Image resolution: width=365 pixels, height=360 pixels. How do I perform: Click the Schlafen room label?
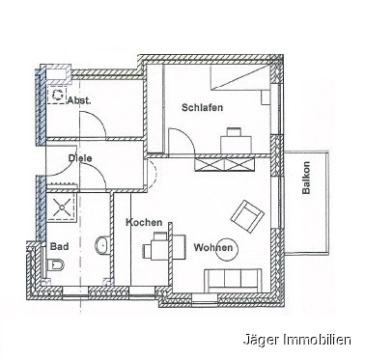pos(202,107)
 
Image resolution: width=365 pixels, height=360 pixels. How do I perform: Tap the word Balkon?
pos(306,178)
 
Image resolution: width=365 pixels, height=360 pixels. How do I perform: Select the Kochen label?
pos(144,222)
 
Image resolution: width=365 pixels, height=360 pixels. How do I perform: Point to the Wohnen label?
pos(212,248)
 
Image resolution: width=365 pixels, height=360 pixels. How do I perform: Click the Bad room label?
pos(60,247)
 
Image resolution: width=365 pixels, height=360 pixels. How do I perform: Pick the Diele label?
pos(80,158)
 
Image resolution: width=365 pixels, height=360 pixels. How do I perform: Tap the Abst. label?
pos(79,100)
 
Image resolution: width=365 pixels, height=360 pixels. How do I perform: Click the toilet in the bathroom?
pos(55,265)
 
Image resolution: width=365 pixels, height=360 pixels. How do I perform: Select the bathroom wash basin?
pos(103,244)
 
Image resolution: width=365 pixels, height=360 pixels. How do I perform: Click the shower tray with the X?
pos(62,208)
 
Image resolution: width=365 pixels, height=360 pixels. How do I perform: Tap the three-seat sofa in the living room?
pos(233,281)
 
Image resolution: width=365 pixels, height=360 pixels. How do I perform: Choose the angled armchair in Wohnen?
pos(247,216)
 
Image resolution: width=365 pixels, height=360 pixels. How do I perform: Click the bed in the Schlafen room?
pos(239,77)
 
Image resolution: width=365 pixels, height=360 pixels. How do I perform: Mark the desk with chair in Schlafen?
pos(236,140)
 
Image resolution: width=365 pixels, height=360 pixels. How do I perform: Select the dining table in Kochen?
pos(164,247)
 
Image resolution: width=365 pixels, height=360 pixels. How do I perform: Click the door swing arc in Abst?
pos(97,121)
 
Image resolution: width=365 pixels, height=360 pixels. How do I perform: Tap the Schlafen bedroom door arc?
pos(186,136)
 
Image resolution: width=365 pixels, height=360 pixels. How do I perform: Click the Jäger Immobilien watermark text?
pos(297,341)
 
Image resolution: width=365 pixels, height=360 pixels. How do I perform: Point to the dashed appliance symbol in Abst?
pos(57,95)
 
